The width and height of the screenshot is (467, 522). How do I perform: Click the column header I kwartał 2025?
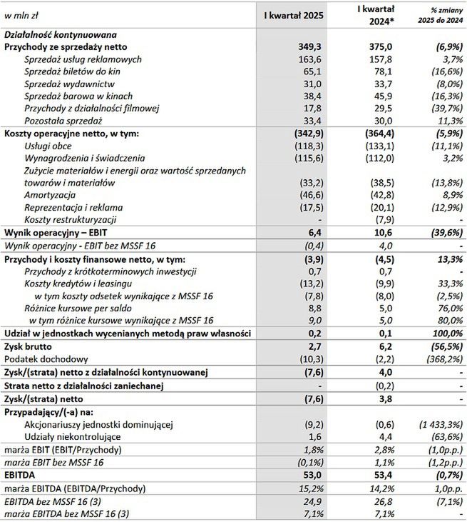[x=294, y=14]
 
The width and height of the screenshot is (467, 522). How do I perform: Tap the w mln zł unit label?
[x=21, y=14]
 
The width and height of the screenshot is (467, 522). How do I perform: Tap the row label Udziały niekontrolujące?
[x=73, y=436]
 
